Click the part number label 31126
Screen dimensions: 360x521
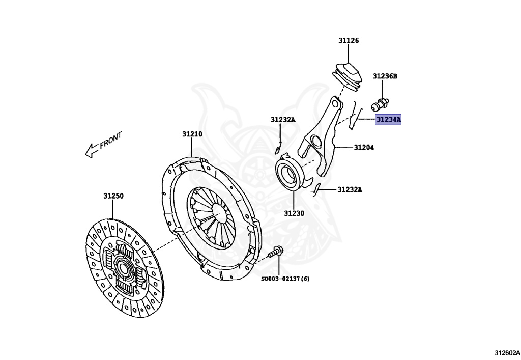(349, 40)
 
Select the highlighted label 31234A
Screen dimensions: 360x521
(388, 120)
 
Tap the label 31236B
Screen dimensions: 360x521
(384, 76)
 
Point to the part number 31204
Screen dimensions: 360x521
(364, 148)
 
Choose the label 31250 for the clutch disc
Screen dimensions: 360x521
(113, 196)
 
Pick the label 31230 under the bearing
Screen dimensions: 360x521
(294, 213)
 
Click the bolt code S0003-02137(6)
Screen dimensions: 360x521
(285, 279)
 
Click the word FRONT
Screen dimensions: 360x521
(111, 140)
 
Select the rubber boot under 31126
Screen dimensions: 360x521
(348, 76)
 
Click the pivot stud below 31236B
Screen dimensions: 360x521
(380, 104)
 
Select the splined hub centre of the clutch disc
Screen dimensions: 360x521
(123, 267)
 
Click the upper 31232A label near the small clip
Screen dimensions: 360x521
(282, 120)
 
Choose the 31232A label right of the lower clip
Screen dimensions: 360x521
(350, 190)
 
